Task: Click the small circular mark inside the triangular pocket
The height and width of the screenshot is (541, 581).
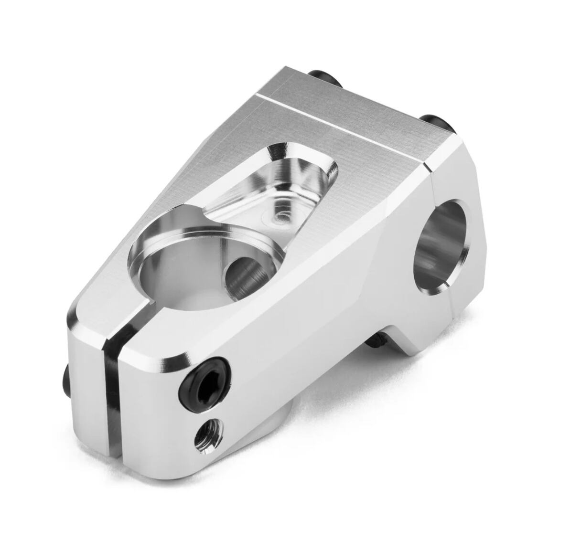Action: click(x=279, y=217)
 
